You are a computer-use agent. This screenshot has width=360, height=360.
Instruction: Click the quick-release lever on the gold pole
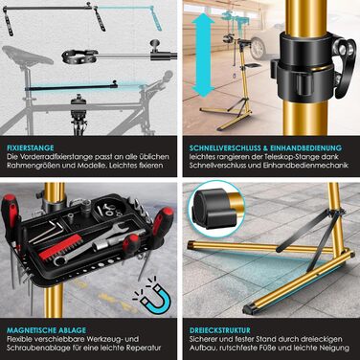click(344, 59)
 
